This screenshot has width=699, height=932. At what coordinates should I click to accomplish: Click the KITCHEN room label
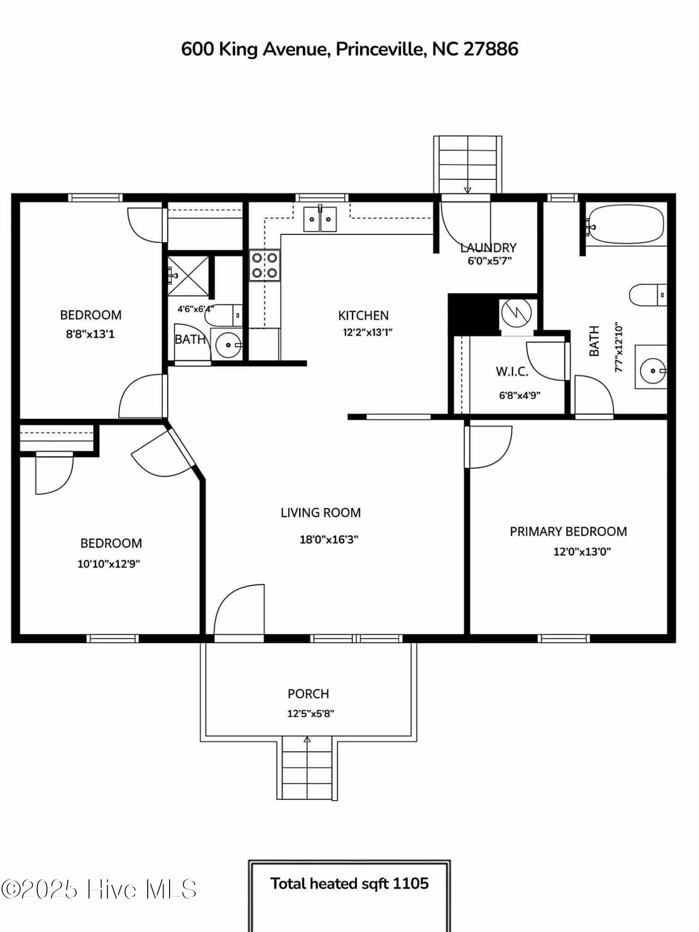point(363,315)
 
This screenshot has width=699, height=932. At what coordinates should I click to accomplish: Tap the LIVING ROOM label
point(321,513)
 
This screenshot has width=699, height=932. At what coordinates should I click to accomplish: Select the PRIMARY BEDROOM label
point(568,531)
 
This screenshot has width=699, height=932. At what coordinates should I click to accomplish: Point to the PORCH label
point(308,694)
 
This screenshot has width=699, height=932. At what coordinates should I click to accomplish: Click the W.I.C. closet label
point(512,371)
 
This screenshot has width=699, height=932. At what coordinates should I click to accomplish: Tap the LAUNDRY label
point(488,247)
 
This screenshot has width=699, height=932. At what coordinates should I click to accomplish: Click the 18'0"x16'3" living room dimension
point(329,540)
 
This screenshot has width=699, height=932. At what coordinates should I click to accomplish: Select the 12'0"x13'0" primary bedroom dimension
point(582,552)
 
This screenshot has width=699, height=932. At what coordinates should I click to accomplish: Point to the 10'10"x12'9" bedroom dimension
point(109,564)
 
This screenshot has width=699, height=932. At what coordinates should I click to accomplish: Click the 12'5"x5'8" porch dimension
point(311,713)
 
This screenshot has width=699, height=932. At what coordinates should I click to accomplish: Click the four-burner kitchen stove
point(265,266)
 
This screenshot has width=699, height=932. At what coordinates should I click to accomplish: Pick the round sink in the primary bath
point(652,370)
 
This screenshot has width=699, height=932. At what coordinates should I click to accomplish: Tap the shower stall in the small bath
point(188,276)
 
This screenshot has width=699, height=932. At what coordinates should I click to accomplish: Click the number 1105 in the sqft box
point(411,884)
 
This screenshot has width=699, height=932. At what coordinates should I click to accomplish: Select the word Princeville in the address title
point(380,48)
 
